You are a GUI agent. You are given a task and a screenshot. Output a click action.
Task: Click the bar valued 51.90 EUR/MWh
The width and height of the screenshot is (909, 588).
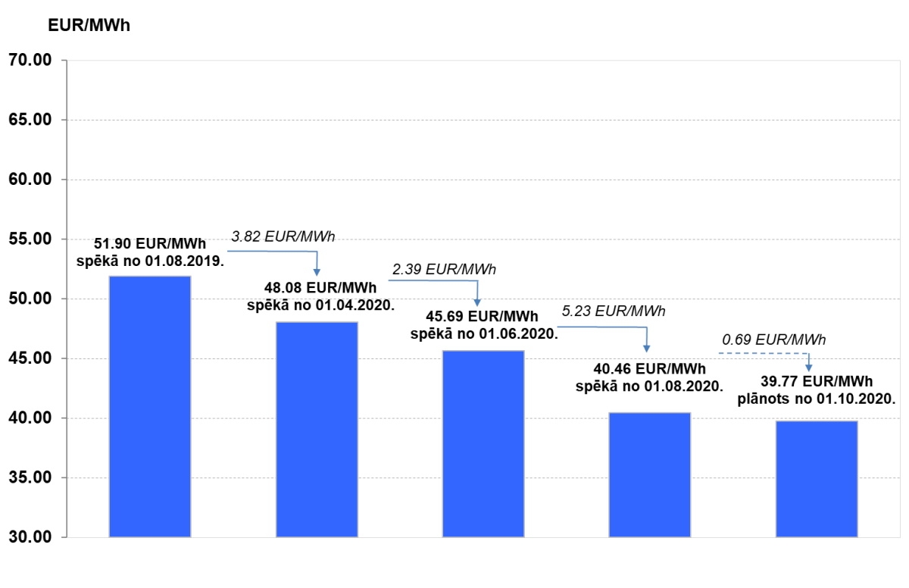[150, 407]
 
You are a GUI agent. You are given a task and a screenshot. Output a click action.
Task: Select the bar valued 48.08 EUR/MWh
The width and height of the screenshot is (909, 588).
[317, 430]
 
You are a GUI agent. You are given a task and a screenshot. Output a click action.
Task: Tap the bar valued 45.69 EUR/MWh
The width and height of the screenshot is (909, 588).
[483, 444]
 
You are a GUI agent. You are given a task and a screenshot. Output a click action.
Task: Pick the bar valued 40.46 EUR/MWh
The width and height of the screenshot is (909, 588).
[650, 475]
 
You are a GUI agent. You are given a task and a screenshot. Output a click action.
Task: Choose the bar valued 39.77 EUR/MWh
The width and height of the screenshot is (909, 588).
[817, 479]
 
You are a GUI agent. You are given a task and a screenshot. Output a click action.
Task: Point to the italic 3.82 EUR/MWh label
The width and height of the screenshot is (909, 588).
[283, 237]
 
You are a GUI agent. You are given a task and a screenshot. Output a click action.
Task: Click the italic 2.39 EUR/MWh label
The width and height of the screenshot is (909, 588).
[444, 269]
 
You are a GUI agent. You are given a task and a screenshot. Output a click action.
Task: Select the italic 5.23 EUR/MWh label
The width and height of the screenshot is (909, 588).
[614, 311]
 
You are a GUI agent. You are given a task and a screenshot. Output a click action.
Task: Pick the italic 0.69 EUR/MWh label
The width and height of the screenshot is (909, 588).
[773, 339]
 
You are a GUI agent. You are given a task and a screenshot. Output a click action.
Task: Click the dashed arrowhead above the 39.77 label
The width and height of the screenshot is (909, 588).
[809, 367]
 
